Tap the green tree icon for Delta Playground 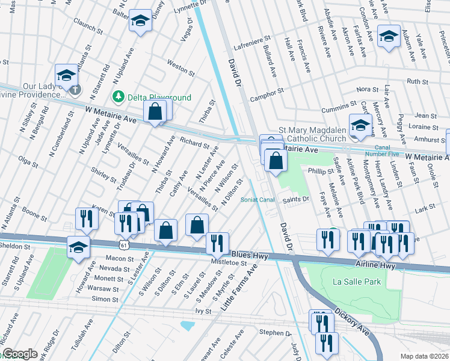click(x=119, y=97)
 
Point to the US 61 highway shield click(x=123, y=245)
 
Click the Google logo click(x=19, y=354)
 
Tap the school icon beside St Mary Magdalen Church click(x=360, y=126)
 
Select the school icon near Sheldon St click(x=78, y=247)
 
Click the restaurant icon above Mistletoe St click(x=217, y=243)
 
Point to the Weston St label click(x=177, y=65)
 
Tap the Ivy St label click(x=204, y=311)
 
